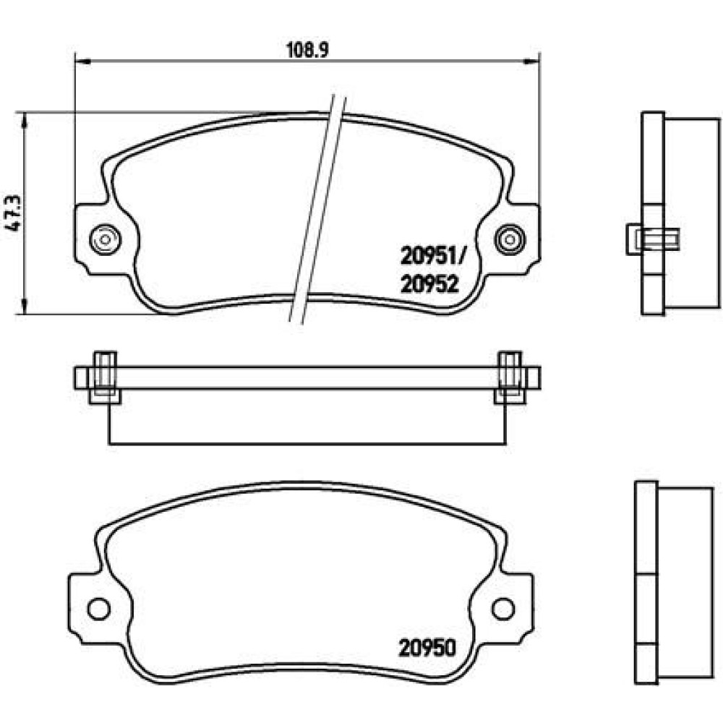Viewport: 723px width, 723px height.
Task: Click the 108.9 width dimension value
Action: (x=307, y=50)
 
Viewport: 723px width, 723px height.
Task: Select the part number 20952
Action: (x=429, y=284)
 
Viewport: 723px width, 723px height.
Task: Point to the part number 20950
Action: (x=427, y=648)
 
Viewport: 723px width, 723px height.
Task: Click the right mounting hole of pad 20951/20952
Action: (x=510, y=239)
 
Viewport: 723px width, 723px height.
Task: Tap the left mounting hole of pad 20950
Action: (x=98, y=609)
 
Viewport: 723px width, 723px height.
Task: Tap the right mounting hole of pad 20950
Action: (x=503, y=609)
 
